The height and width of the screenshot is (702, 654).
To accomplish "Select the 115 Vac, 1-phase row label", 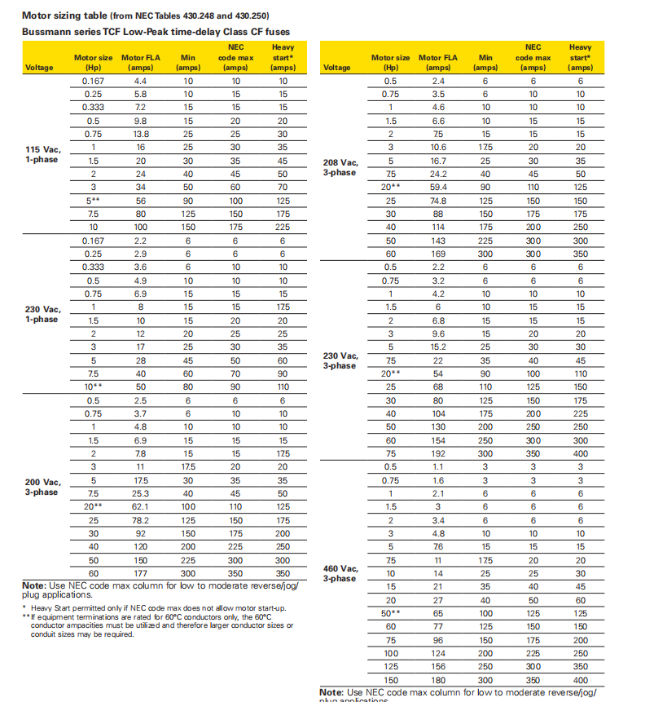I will [42, 153].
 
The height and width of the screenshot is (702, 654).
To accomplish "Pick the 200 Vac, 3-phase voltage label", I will [42, 487].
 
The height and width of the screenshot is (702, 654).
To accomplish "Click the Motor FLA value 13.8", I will [141, 134].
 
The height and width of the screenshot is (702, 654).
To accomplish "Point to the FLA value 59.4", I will [438, 187].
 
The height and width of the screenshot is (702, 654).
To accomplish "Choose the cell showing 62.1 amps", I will [141, 506].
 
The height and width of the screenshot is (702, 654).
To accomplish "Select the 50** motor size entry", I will [391, 612].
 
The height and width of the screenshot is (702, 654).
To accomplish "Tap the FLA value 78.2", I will [141, 519].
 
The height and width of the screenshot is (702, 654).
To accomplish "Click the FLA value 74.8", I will [438, 201].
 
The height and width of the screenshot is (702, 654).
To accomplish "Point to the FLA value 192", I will [438, 453].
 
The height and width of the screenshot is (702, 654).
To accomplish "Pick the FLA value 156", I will [438, 665].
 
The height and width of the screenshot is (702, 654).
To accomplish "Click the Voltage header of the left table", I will [40, 68].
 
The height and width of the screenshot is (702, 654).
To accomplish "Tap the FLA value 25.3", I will [141, 493].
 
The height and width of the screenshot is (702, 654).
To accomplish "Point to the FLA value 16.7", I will [438, 161].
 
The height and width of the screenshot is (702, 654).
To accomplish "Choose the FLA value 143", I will [438, 241].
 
